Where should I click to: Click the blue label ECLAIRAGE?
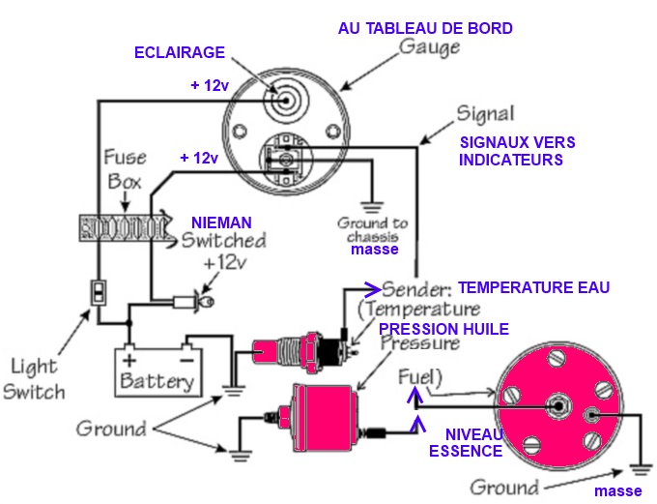coord(179,53)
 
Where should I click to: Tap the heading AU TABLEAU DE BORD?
coord(425,28)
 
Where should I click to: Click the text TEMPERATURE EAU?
coord(533,287)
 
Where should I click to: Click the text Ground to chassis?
coord(373,229)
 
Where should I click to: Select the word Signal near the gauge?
coord(483,113)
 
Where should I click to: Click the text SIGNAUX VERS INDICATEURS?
coord(517,151)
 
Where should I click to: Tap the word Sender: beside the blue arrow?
coord(417,288)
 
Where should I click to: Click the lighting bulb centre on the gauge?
coord(287,99)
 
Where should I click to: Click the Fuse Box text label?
coord(124,169)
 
